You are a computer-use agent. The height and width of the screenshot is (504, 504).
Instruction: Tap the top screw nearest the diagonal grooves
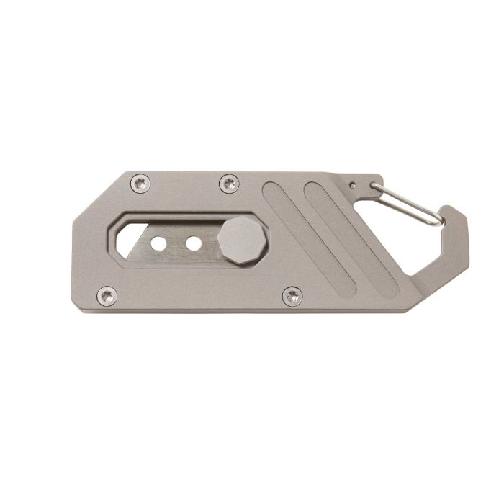[229, 184]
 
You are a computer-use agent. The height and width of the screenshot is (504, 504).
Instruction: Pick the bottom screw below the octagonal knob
[292, 294]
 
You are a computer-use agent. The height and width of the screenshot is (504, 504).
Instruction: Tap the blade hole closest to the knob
[192, 244]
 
